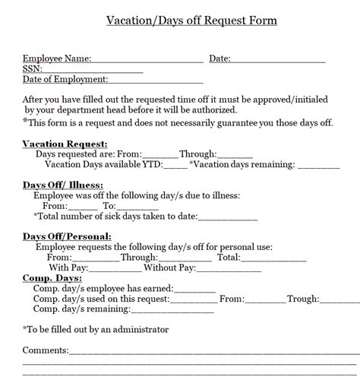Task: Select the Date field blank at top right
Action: [278, 59]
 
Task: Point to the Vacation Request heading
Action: [65, 143]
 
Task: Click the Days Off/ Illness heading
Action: [63, 185]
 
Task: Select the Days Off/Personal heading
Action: [67, 236]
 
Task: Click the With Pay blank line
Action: [115, 268]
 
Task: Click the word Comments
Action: [46, 350]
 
